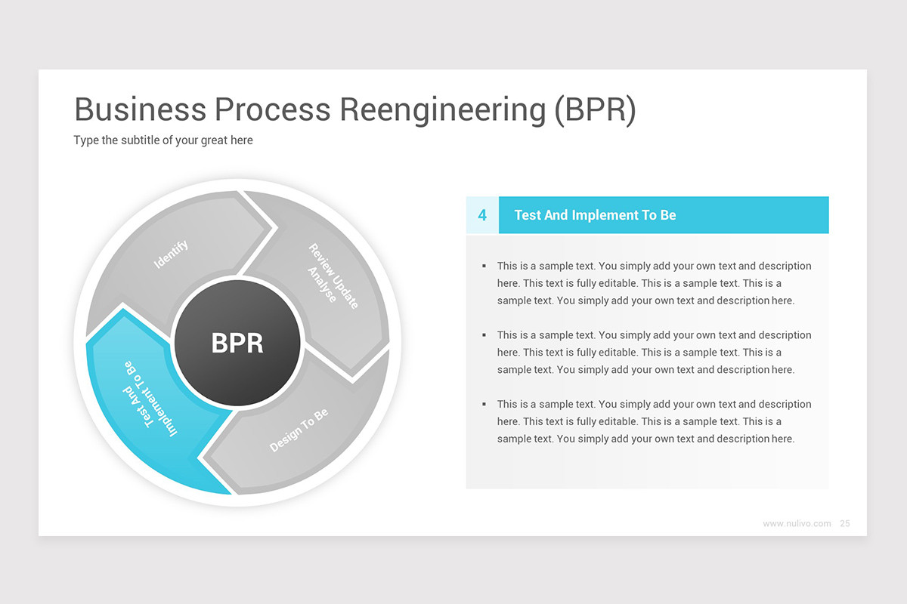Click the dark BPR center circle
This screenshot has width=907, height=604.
click(238, 344)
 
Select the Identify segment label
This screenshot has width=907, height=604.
click(172, 254)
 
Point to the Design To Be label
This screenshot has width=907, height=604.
click(299, 431)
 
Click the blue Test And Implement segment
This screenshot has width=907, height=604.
click(151, 408)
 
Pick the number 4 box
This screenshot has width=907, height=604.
click(482, 215)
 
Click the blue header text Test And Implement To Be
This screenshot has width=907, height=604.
click(595, 215)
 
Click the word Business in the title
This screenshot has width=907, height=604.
click(140, 110)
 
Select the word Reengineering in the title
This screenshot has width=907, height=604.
click(442, 110)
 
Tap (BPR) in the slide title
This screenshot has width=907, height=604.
click(596, 110)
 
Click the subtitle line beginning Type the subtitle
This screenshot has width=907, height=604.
click(163, 140)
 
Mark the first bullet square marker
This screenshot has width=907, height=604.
click(484, 266)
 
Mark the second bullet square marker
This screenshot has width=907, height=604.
click(484, 335)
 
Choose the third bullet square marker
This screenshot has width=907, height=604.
click(484, 405)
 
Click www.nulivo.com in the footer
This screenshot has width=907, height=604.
click(797, 523)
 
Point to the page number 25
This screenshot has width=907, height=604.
click(845, 523)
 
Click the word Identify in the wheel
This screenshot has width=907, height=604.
click(172, 254)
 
